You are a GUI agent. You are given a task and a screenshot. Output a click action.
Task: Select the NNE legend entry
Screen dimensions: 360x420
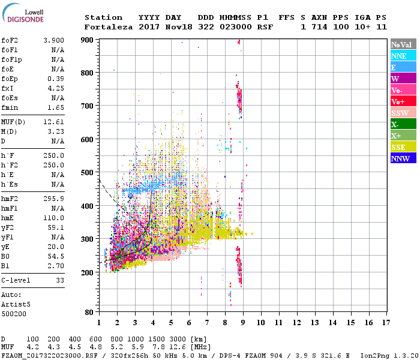[403, 56]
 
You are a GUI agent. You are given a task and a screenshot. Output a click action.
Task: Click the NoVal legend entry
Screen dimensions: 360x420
[403, 44]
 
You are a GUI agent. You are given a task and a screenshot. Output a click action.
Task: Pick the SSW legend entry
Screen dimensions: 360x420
[403, 113]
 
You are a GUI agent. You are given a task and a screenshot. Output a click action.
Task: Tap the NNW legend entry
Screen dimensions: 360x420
[403, 158]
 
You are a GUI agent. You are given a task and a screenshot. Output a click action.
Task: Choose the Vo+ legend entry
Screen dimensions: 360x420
[403, 101]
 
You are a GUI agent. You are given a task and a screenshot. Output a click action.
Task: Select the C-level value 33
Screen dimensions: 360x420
[60, 280]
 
